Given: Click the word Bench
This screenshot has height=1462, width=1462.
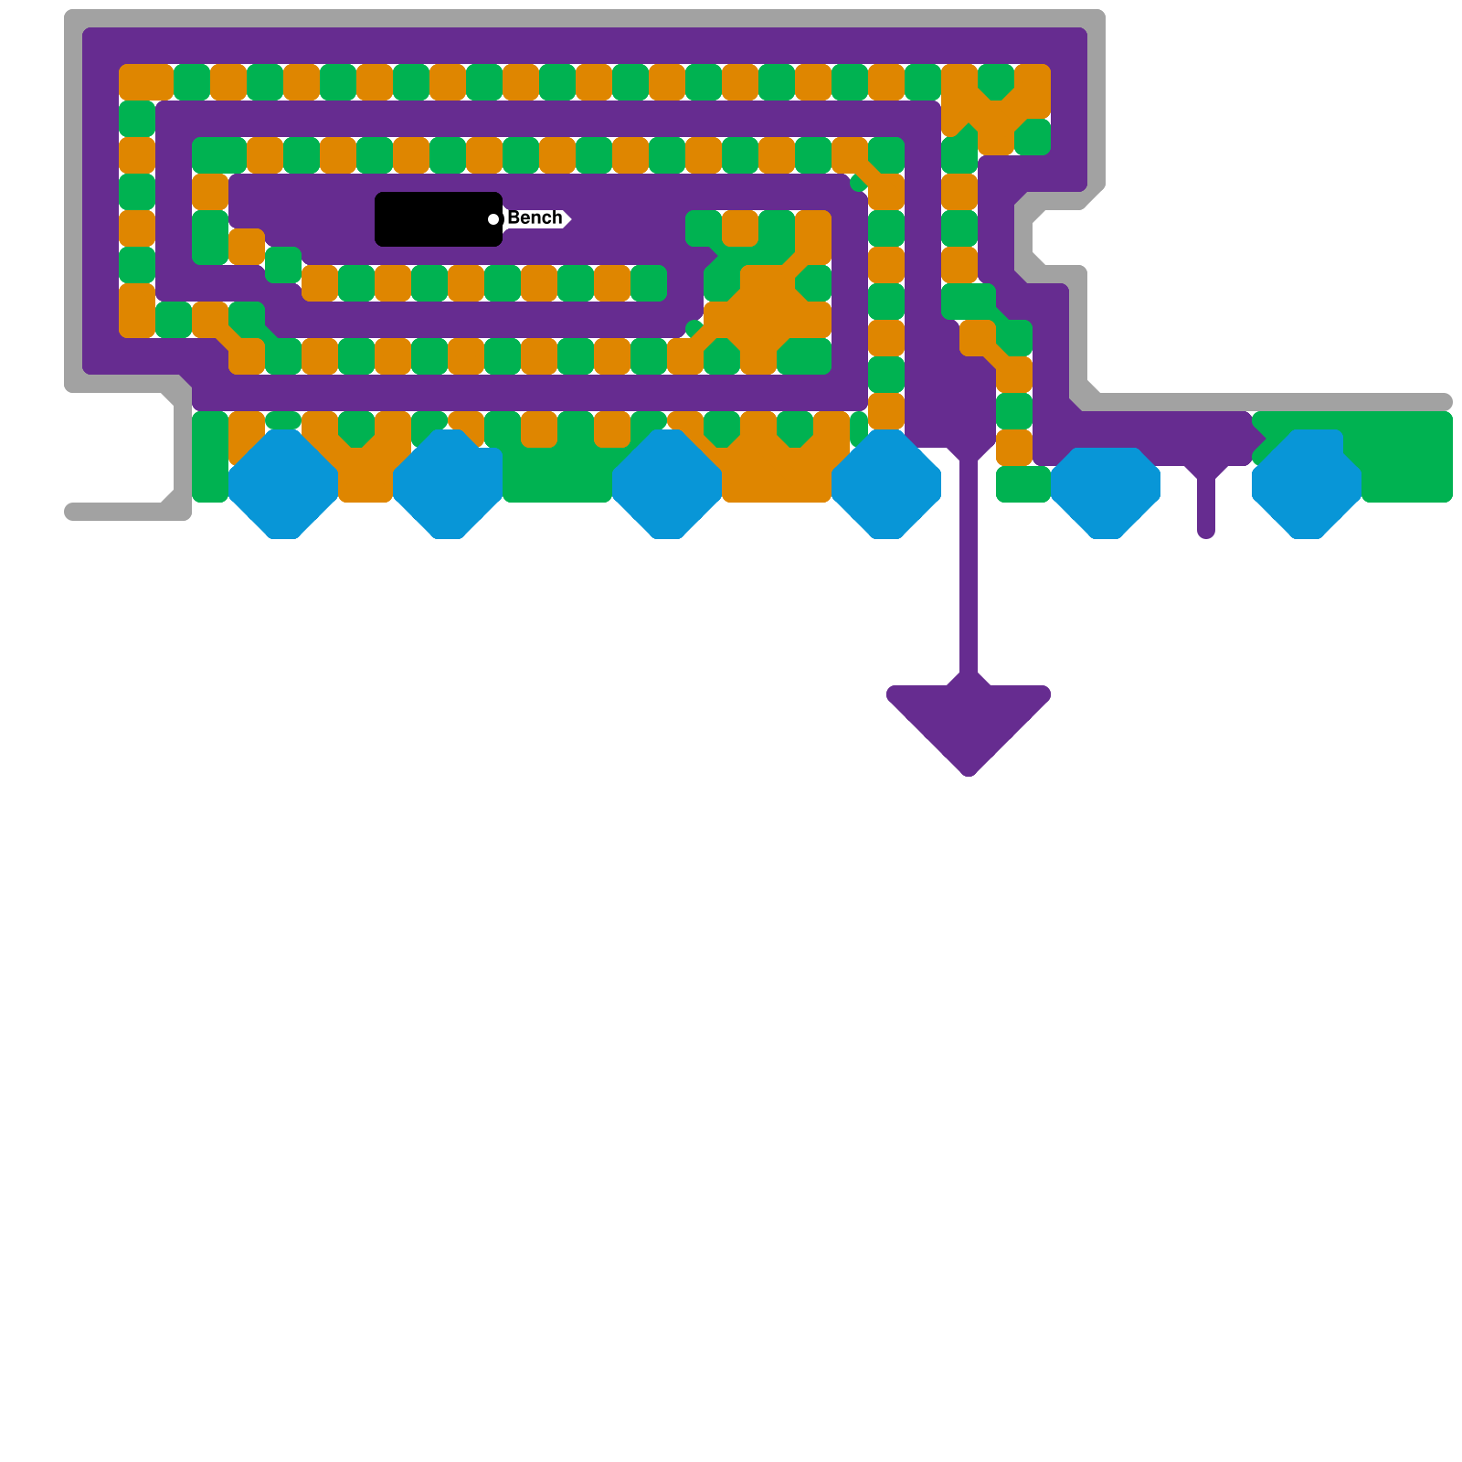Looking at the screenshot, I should tap(535, 217).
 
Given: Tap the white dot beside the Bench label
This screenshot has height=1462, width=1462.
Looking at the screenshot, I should tap(493, 219).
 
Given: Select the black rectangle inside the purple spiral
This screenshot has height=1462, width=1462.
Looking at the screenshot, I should tap(437, 219).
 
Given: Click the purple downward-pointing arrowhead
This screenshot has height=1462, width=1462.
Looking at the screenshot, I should tap(969, 722).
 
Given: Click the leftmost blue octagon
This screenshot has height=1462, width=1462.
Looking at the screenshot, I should tap(283, 484).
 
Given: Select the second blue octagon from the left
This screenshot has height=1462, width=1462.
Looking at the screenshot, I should tap(448, 484).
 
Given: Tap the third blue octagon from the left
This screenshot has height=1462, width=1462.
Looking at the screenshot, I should tap(667, 484).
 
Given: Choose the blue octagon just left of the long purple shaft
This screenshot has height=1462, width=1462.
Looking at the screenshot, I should tap(886, 484).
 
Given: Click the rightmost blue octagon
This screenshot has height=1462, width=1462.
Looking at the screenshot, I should tap(1307, 484).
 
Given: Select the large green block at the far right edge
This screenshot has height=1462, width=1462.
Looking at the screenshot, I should tap(1407, 457).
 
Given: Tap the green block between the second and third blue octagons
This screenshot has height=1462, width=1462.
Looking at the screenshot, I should tap(557, 475).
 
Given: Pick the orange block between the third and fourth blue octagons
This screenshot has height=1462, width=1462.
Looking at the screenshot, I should tap(777, 475).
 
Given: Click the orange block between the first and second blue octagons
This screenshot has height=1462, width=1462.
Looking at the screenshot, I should tap(365, 475).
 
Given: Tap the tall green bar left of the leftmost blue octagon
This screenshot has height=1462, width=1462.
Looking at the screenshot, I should tap(210, 457).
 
